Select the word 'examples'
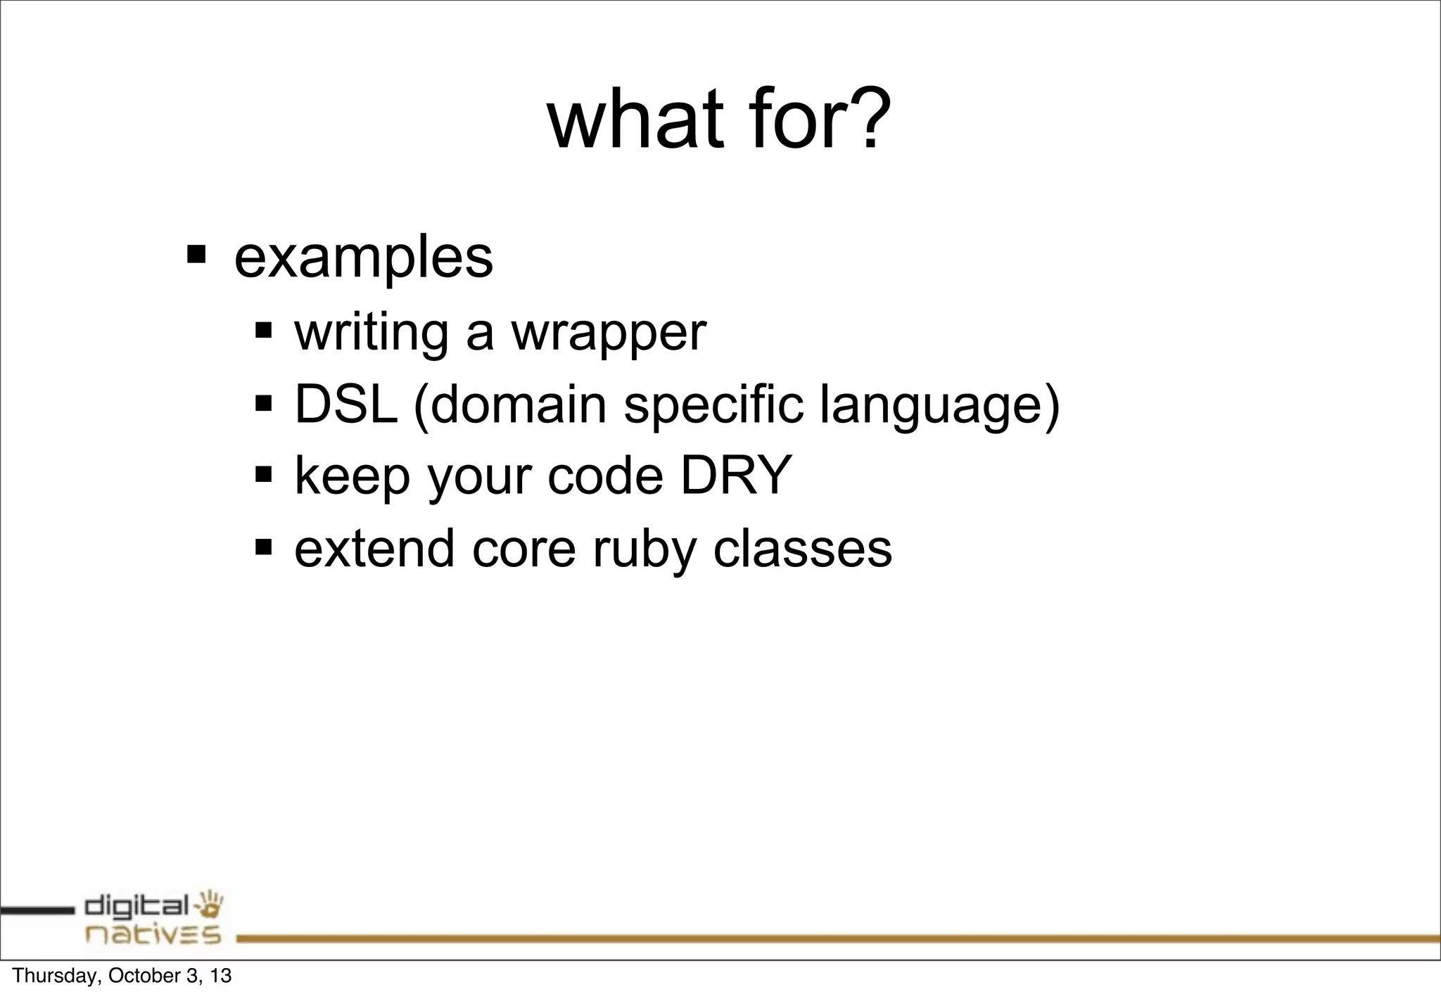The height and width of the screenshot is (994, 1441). coord(363,258)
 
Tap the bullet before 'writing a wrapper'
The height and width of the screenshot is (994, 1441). coord(264,329)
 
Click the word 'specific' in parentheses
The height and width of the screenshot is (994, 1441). coord(713,406)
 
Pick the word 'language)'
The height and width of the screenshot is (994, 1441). coord(939,406)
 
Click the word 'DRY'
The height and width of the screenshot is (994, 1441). coord(736,476)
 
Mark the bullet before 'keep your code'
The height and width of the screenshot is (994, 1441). coord(264,473)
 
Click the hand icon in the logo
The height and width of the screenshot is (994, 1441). coord(210,905)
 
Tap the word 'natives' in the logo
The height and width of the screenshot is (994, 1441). coord(153,935)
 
